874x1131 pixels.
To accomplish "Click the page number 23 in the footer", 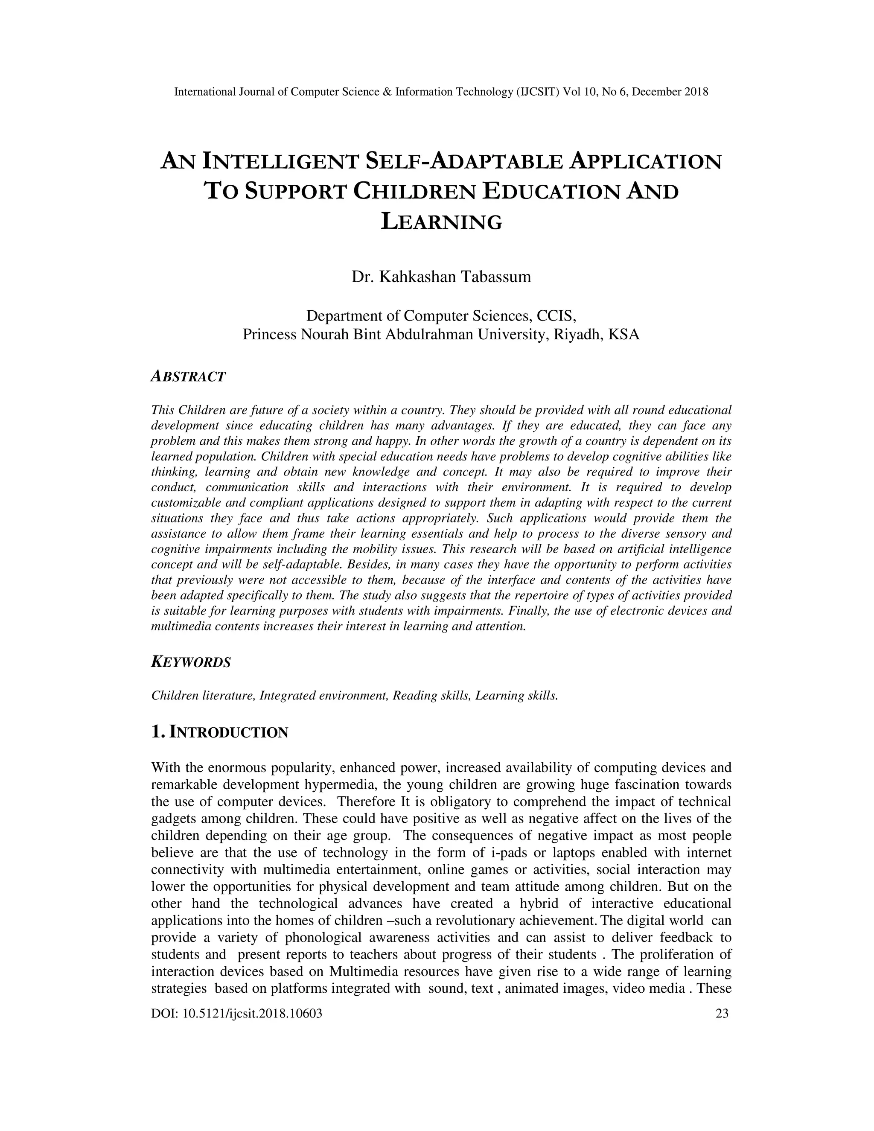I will (x=722, y=1014).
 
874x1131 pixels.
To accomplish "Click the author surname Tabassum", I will (x=496, y=277).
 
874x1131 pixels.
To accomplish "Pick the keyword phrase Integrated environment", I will (x=323, y=696).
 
